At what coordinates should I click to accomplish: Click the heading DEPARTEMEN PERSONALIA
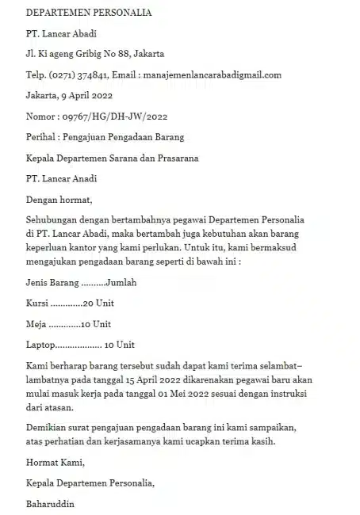tap(89, 13)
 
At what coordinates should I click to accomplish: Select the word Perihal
tap(41, 137)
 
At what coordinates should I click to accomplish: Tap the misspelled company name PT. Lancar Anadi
tap(62, 178)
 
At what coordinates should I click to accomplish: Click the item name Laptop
tap(41, 345)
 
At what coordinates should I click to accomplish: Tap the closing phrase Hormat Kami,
tap(55, 463)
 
